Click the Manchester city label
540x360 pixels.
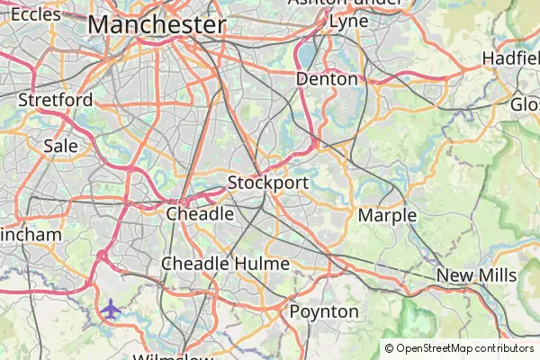coord(157,24)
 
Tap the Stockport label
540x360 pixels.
coord(267,183)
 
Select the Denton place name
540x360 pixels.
coord(327,79)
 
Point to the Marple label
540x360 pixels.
coord(387,216)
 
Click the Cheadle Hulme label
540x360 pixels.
coord(225,264)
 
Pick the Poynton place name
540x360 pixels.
coord(324,311)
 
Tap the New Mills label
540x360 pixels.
coord(476,275)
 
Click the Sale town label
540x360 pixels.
coord(60,145)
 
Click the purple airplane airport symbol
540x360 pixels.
coord(110,309)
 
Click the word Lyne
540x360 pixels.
coord(348,21)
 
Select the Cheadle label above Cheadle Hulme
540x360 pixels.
coord(200,214)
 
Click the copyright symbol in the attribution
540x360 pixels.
coord(389,348)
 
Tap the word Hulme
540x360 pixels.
coord(261,264)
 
